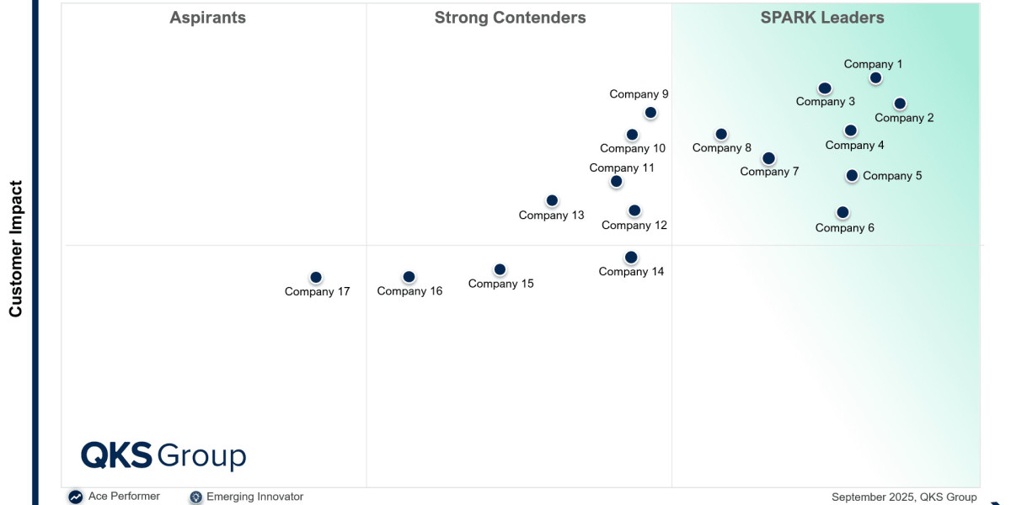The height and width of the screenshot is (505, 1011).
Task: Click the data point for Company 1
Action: (875, 78)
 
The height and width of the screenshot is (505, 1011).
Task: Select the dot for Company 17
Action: (316, 277)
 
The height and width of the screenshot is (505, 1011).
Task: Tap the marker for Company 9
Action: (650, 113)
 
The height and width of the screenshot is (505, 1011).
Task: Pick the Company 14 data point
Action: (631, 258)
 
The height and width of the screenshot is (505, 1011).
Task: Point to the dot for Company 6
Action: (842, 212)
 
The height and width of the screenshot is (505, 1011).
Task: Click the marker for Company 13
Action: (552, 200)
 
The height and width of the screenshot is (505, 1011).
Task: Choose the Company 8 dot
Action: (721, 135)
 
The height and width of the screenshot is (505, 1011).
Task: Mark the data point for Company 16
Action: (409, 277)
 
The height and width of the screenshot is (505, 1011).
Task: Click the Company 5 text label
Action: (892, 176)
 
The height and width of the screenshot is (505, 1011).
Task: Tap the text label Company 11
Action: (622, 168)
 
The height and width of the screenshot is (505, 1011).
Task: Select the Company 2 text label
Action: (904, 118)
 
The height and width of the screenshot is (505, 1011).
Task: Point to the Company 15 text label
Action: (501, 284)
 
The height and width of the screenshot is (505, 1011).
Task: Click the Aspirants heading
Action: (207, 18)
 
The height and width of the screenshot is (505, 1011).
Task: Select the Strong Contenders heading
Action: (510, 18)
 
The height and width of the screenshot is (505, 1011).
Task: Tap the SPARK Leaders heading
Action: (822, 18)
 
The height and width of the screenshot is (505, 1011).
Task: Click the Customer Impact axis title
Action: (15, 249)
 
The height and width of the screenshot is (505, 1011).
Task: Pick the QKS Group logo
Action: (163, 455)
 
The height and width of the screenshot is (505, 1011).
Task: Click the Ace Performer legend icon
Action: (76, 497)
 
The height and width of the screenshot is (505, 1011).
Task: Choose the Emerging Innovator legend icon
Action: (195, 497)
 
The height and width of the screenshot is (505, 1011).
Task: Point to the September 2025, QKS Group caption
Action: (904, 497)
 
